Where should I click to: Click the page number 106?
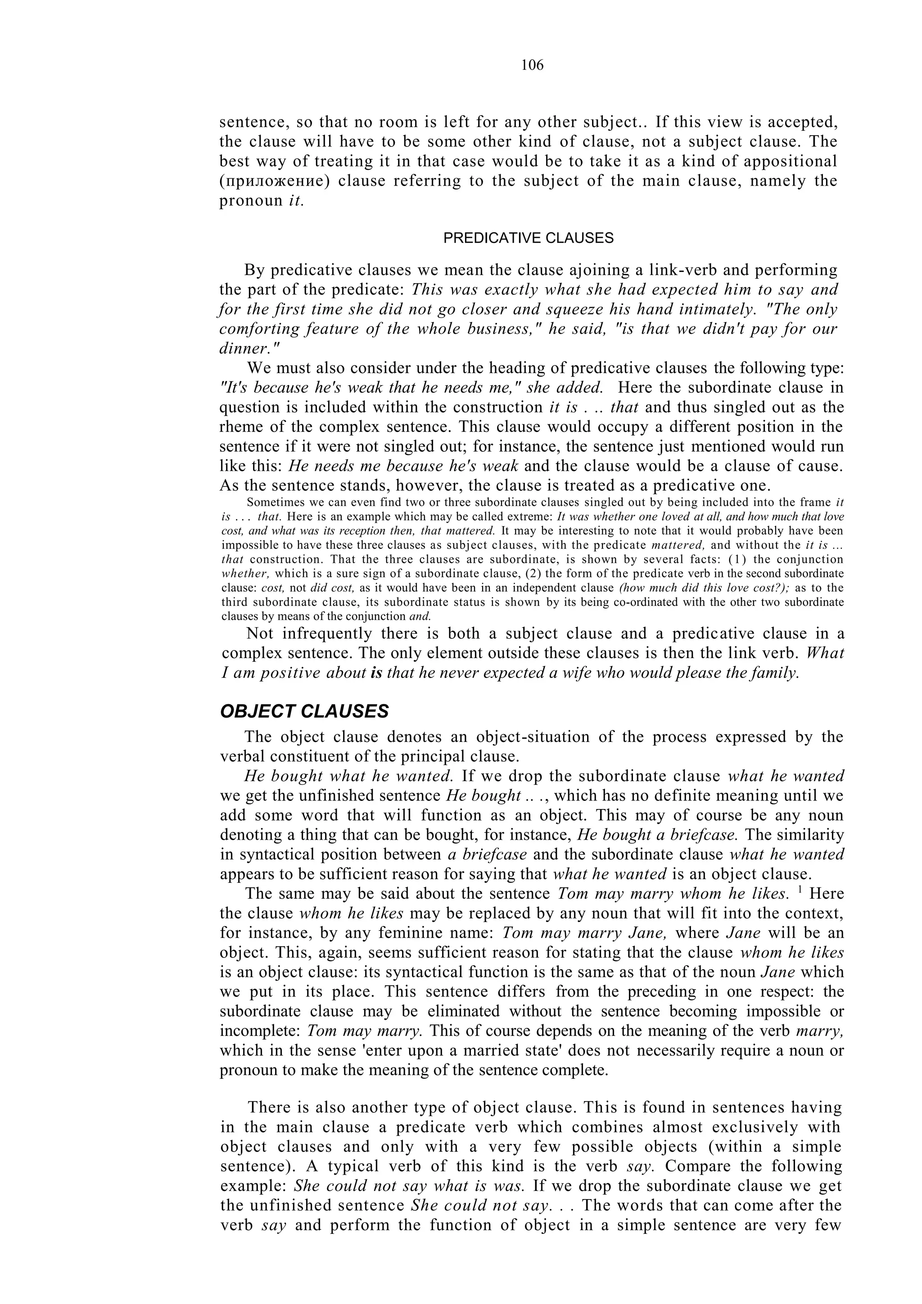[x=532, y=65]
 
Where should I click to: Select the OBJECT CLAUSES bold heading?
[x=304, y=711]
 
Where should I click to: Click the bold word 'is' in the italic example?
[x=376, y=673]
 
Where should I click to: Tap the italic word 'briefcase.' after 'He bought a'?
[x=702, y=835]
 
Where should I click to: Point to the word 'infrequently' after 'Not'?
[x=326, y=634]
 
